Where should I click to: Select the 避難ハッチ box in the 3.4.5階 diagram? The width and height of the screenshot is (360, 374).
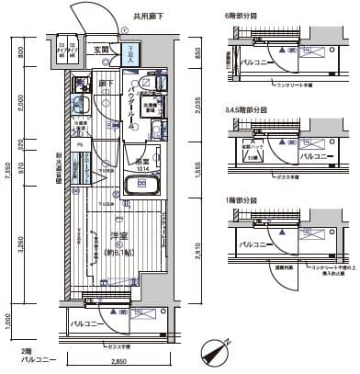point(253,149)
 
